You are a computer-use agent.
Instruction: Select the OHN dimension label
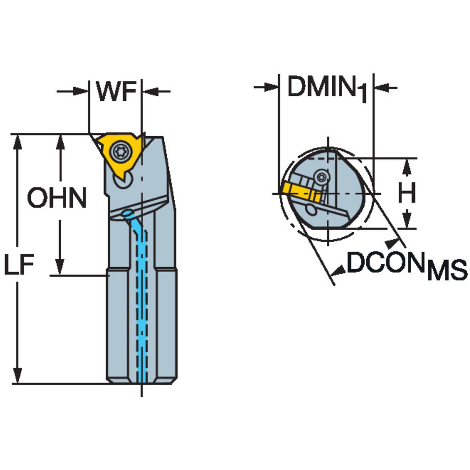(x=57, y=198)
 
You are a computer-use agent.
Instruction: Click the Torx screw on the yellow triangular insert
(x=118, y=151)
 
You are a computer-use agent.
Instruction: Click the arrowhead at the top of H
(x=407, y=167)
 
